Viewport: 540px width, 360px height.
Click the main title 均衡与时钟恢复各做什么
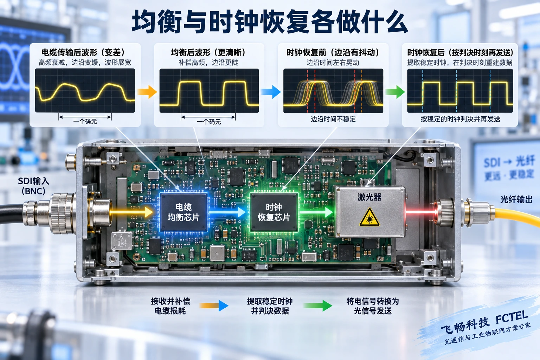[270, 22]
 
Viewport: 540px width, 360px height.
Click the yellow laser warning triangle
[369, 217]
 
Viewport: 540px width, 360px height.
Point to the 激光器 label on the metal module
[369, 197]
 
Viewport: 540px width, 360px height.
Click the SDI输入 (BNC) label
[33, 186]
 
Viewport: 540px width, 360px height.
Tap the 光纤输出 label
[516, 200]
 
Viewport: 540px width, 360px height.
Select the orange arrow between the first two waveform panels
[147, 92]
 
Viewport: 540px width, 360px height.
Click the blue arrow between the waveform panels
[271, 92]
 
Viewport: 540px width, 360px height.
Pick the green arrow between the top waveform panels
[395, 92]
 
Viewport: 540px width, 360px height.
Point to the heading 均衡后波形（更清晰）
[209, 52]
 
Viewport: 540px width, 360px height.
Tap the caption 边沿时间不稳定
[333, 119]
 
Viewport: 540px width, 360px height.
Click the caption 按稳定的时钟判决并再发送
[461, 119]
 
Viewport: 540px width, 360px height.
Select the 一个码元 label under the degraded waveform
[85, 122]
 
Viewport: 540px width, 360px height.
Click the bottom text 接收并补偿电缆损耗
[171, 306]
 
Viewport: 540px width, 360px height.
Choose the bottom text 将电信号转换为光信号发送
[373, 306]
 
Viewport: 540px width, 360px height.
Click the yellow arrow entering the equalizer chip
[132, 212]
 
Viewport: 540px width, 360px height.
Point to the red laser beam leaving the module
[421, 212]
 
